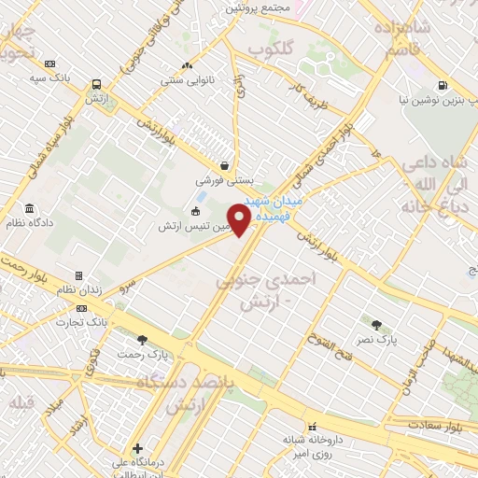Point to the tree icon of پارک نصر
(x=376, y=325)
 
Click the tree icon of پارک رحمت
(x=142, y=340)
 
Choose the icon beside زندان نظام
(x=79, y=275)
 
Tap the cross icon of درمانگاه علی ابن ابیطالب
(x=137, y=448)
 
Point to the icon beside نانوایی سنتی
(x=187, y=66)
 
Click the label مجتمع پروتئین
(x=257, y=7)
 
